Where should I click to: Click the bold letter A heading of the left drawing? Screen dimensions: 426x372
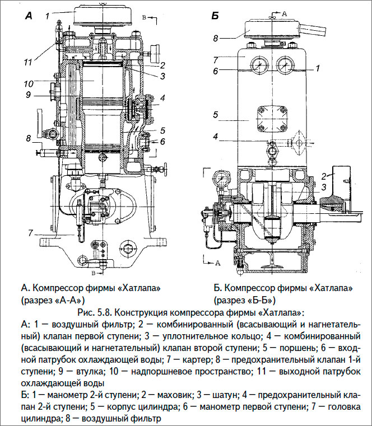pos(29,17)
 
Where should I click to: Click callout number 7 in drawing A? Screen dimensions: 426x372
pos(31,232)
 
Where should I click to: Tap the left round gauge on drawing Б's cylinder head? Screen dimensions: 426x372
pos(260,66)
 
